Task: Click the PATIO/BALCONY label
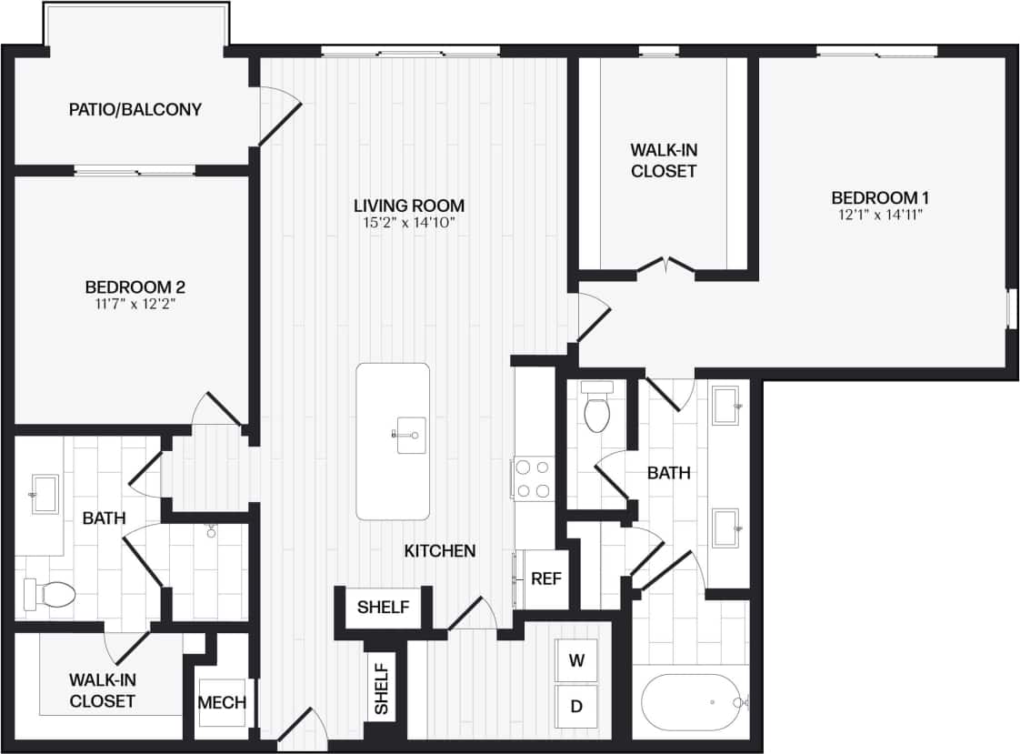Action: [x=135, y=110]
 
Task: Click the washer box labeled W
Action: [x=575, y=661]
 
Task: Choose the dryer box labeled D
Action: [x=575, y=705]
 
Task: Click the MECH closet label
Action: [x=222, y=702]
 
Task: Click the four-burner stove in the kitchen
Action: [x=533, y=478]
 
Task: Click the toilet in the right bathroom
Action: [x=596, y=410]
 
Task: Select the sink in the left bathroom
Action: [x=45, y=494]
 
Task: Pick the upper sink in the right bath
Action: [x=726, y=405]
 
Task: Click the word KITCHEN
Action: [x=439, y=551]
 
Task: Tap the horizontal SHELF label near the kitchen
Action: [x=383, y=608]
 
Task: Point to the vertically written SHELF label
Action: [x=381, y=687]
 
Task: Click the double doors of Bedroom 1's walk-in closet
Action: [x=665, y=266]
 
